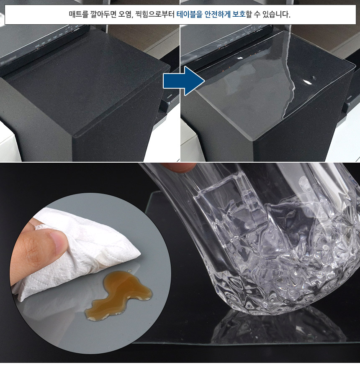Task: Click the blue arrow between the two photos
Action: tap(184, 81)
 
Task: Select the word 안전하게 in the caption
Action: tap(217, 14)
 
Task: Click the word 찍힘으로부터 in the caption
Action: tap(155, 14)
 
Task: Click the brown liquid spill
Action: tap(118, 295)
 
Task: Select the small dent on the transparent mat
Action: tap(314, 78)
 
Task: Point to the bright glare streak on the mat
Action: tap(290, 82)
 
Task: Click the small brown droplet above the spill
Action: tap(129, 271)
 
